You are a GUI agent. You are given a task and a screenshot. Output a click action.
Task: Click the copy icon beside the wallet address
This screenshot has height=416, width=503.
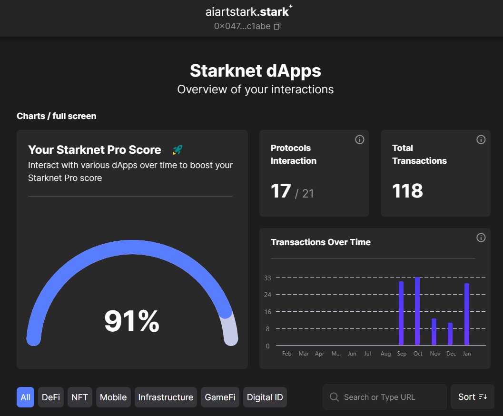277,26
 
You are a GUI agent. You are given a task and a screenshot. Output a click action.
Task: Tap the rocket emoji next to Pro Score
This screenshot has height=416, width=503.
177,150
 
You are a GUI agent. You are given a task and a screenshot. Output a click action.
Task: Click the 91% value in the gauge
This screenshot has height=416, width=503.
132,321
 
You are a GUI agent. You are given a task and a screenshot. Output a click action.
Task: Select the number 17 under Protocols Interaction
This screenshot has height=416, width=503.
281,191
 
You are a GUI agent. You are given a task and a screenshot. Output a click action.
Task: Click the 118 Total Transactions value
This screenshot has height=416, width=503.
407,191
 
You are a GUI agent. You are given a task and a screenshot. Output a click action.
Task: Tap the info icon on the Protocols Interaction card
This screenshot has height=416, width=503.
360,139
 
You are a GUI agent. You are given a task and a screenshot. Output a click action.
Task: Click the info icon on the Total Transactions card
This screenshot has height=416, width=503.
481,139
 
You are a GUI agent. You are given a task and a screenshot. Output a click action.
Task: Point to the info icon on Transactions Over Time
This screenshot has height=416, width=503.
481,238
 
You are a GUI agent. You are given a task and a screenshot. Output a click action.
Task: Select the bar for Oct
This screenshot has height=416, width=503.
417,311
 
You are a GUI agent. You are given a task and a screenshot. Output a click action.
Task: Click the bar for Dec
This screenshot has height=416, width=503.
450,334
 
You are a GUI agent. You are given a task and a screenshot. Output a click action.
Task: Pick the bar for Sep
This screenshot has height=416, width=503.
401,313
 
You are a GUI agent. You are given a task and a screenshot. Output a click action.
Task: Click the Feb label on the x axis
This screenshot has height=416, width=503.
286,354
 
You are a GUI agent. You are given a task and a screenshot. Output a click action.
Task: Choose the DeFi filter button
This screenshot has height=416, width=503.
51,397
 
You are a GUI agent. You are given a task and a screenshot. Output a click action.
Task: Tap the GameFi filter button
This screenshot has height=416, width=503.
220,397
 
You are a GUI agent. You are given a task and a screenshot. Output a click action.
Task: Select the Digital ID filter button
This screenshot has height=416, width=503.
265,397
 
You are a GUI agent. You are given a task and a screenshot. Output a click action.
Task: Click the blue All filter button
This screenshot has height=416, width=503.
25,397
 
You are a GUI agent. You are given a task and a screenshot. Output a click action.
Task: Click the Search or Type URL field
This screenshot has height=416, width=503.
385,397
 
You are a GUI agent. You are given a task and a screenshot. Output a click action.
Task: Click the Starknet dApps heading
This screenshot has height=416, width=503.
256,71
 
